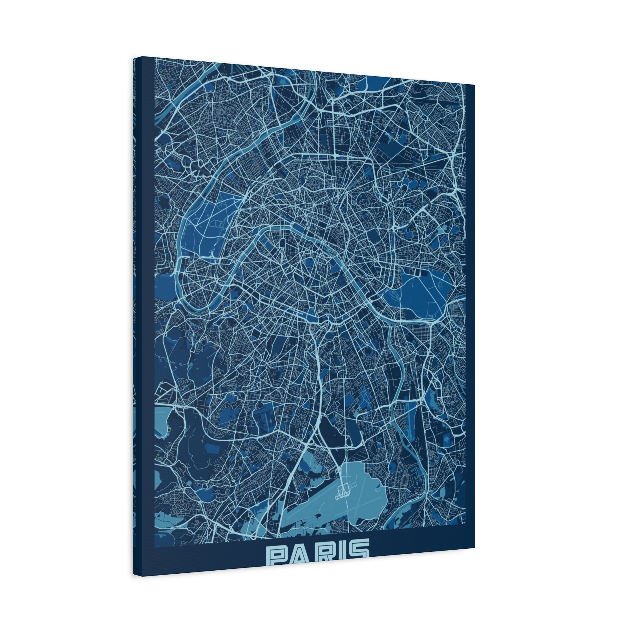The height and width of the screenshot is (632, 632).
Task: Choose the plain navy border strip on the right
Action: click(470, 314)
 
